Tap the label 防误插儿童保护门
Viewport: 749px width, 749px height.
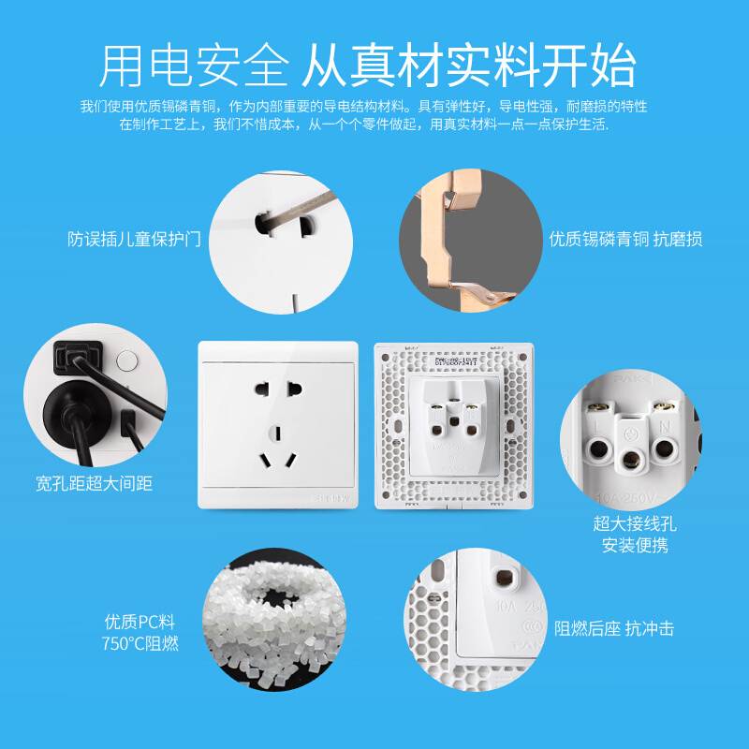[135, 239]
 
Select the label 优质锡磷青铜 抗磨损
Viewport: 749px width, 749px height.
[625, 239]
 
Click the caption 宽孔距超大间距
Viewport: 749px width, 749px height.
[94, 483]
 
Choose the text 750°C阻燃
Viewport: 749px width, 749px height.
[140, 643]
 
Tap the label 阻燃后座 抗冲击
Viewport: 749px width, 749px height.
[614, 629]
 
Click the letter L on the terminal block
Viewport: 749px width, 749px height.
[596, 426]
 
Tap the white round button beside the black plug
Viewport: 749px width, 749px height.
[126, 360]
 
